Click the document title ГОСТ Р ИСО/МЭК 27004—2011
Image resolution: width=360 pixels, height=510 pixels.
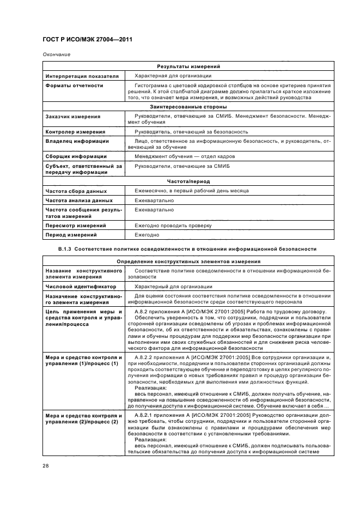click(87, 40)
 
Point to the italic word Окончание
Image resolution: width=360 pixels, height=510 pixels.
click(55, 54)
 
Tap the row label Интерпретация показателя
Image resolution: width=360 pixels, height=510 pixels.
click(82, 76)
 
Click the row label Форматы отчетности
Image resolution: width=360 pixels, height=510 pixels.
click(74, 86)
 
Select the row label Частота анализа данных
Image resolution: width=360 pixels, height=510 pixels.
click(79, 201)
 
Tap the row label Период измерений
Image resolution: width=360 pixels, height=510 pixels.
click(71, 235)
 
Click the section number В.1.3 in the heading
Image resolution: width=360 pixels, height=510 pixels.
click(65, 249)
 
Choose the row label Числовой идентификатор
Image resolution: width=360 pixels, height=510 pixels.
click(81, 286)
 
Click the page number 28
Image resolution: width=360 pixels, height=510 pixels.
click(46, 465)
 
